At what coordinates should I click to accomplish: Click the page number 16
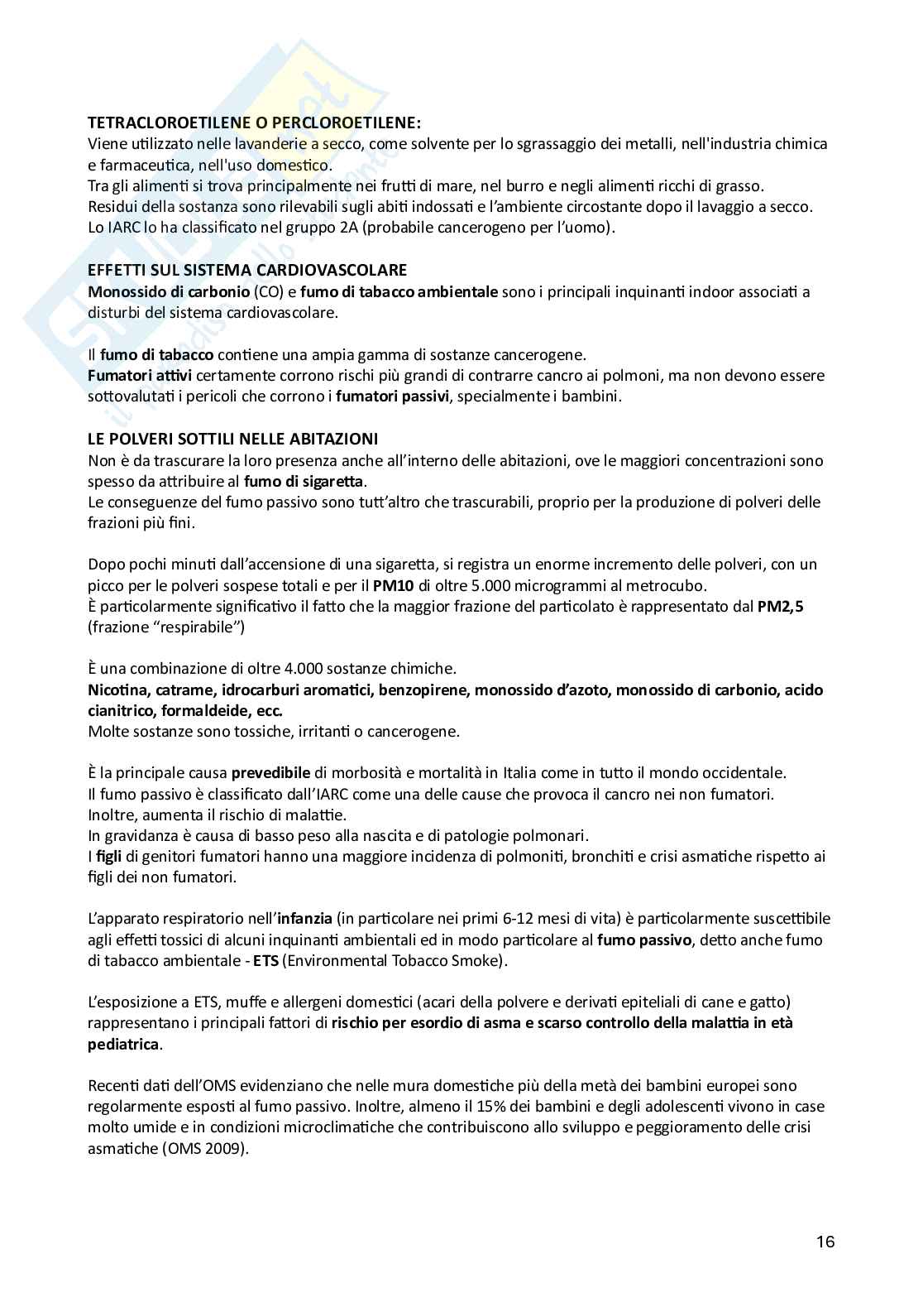pos(825,1242)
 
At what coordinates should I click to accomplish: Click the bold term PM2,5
pos(781,607)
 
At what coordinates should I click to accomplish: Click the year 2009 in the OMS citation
pos(226,1148)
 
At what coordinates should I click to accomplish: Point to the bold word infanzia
pos(305,919)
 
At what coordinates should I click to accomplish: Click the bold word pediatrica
pos(123,1044)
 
